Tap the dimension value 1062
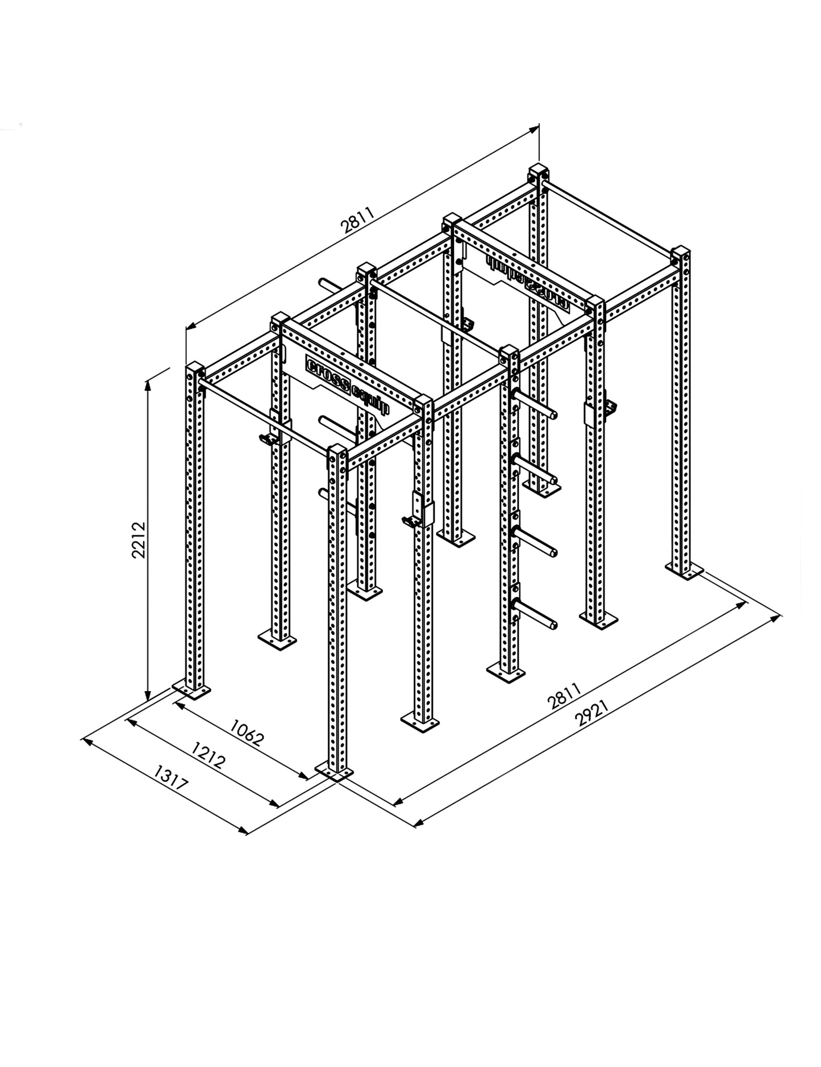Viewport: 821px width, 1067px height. [x=248, y=731]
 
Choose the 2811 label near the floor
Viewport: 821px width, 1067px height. [x=564, y=697]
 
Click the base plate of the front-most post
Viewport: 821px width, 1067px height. [x=334, y=773]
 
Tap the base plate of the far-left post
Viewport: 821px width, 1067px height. [x=191, y=690]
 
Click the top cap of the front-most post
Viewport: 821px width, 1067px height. [x=337, y=452]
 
